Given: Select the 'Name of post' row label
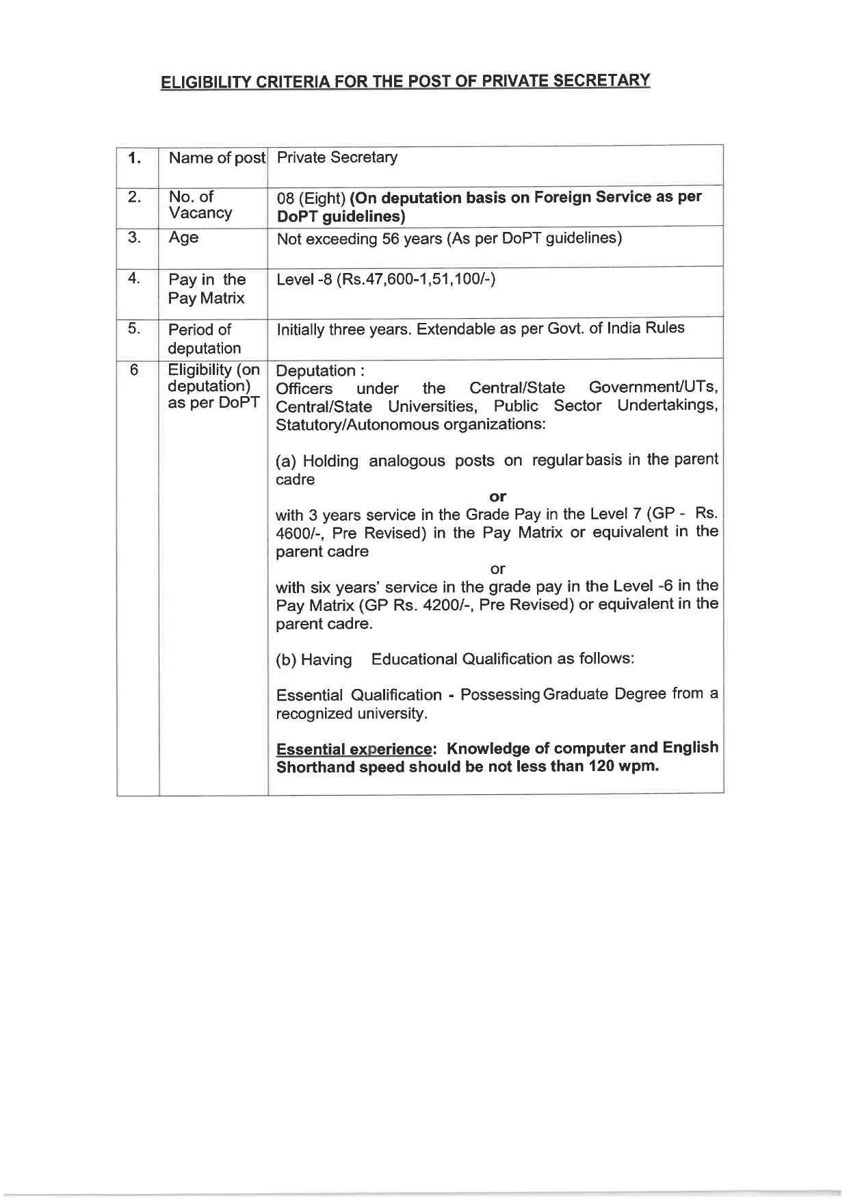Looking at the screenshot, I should click(x=217, y=158).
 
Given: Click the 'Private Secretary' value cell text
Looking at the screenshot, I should click(x=337, y=157).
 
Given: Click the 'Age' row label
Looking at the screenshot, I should click(x=183, y=237).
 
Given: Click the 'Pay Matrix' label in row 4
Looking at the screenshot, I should click(x=207, y=298).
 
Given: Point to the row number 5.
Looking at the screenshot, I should click(x=134, y=329).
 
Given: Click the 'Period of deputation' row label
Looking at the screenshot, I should click(x=204, y=339).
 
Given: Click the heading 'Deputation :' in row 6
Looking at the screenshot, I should click(x=319, y=371).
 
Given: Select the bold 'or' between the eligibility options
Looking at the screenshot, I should click(x=497, y=496).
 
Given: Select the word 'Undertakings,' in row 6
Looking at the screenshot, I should click(x=667, y=406).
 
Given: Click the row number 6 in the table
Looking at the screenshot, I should click(x=134, y=370).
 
